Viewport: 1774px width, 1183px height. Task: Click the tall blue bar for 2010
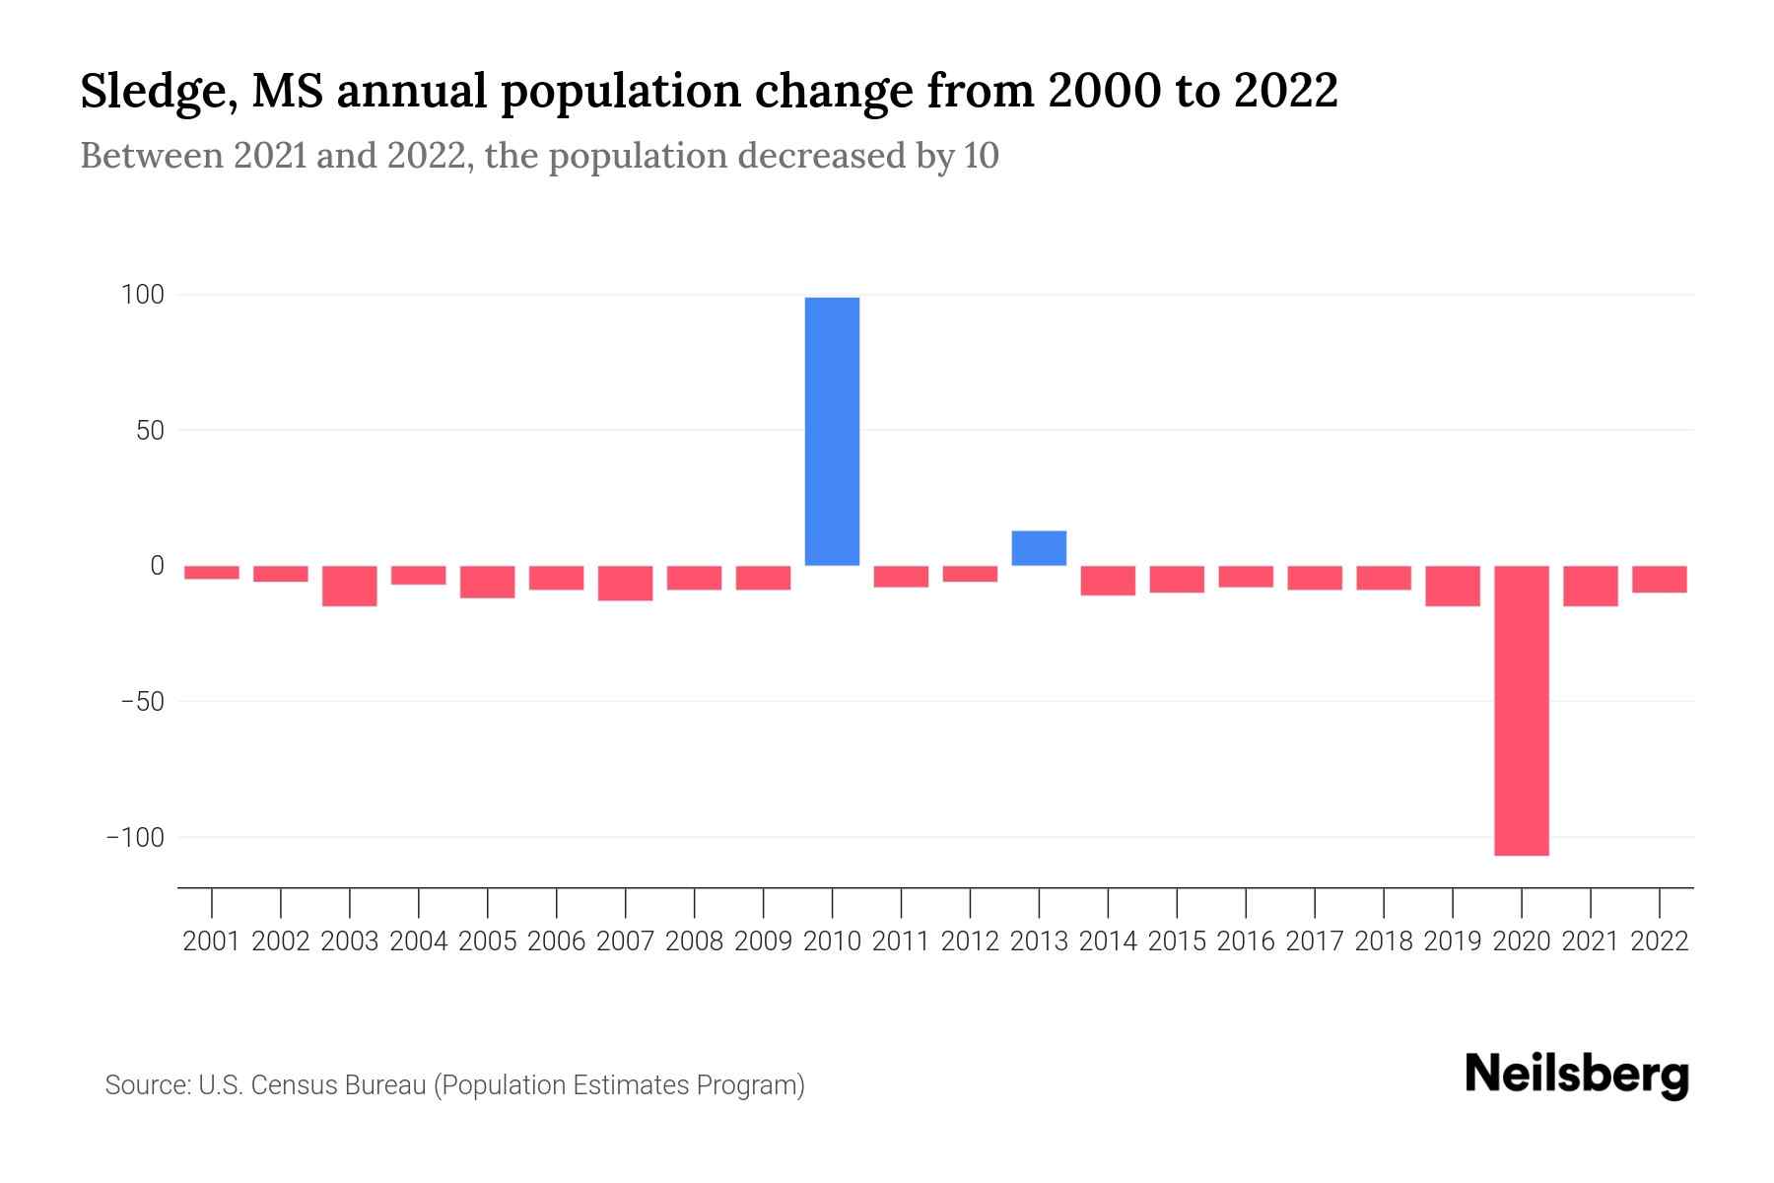(832, 431)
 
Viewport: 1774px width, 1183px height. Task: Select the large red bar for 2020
(1521, 710)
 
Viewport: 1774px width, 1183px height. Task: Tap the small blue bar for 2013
(1039, 548)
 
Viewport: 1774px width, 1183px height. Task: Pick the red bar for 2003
(350, 586)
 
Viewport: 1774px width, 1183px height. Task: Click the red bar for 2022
(1659, 579)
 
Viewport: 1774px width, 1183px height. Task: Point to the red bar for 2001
(212, 572)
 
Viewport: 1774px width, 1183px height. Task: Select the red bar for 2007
(625, 583)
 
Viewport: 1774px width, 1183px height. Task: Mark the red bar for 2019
(1452, 586)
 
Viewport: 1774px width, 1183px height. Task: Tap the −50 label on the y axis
(141, 702)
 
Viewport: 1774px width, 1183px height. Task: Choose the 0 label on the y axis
(156, 566)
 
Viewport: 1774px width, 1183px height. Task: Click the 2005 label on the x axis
(487, 941)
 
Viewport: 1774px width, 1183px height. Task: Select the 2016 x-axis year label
(1245, 941)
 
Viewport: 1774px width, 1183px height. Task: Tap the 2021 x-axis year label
(1590, 941)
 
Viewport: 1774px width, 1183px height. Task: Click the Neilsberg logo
(1576, 1075)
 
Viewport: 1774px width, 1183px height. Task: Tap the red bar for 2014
(1108, 580)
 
